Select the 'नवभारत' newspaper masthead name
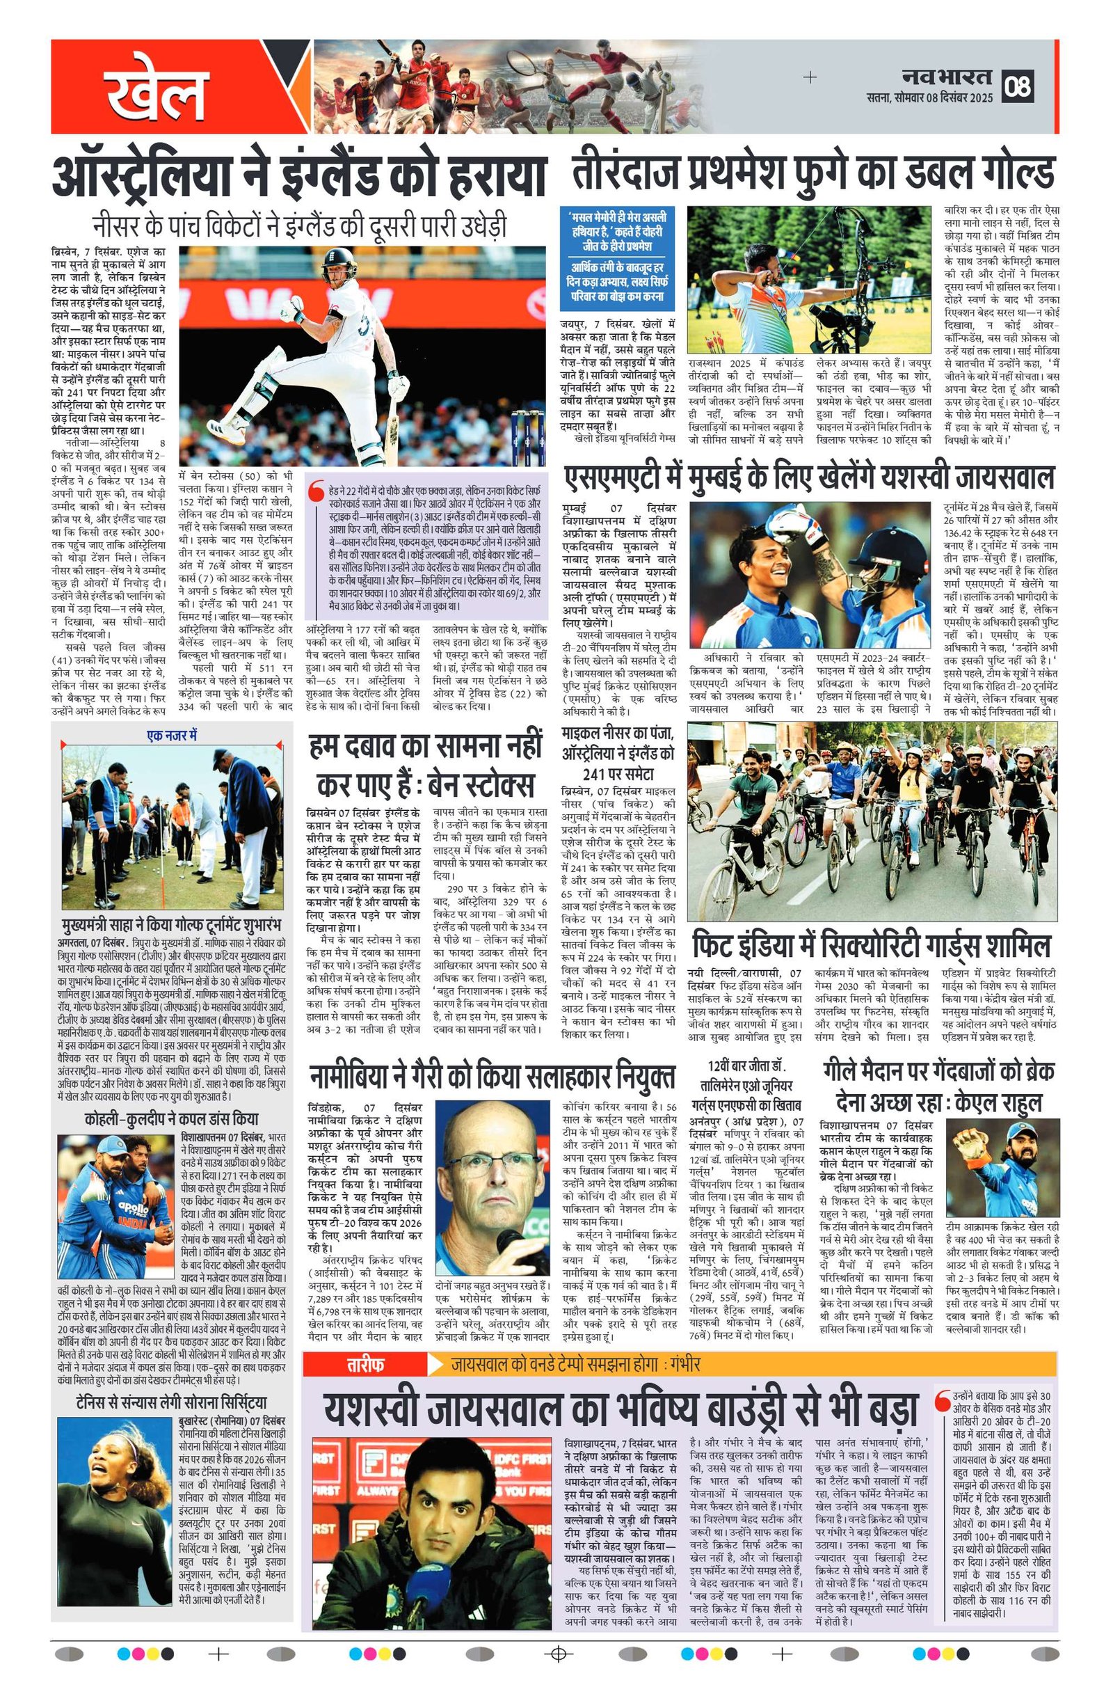pos(946,76)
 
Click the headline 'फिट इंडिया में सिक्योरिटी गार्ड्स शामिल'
pos(870,944)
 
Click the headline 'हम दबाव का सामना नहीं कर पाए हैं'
pos(426,766)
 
